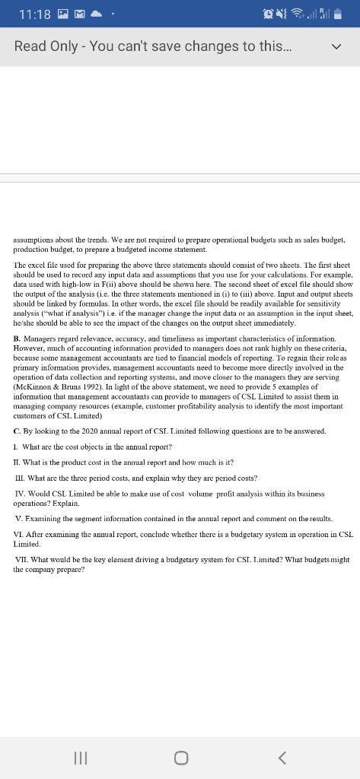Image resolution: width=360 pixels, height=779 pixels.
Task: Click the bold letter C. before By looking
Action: pyautogui.click(x=18, y=431)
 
